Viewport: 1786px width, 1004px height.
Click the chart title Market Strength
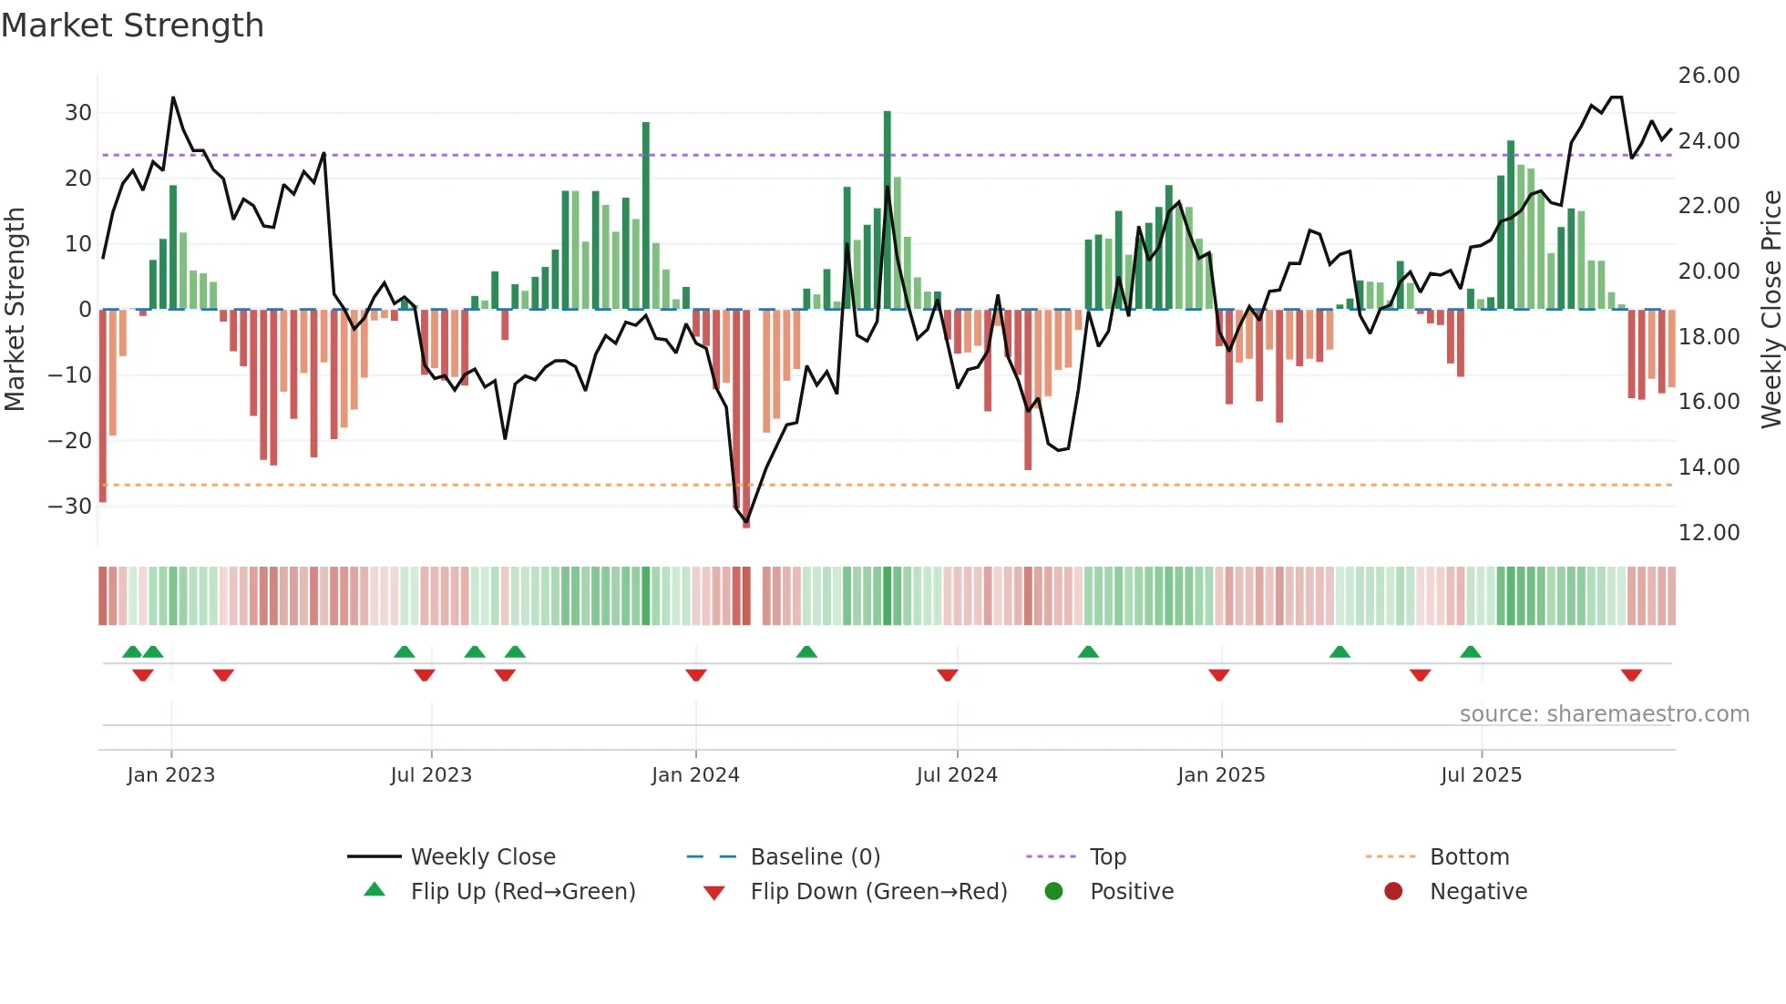[132, 26]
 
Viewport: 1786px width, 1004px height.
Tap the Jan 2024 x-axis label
[695, 775]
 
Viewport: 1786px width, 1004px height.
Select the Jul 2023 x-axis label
[431, 775]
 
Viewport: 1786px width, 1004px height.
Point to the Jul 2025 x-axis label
[1481, 775]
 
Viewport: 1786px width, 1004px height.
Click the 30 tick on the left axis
[78, 113]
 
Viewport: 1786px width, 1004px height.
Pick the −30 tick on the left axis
[70, 507]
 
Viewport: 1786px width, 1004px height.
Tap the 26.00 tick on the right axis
[1709, 76]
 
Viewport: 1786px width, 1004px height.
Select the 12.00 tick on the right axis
[1709, 533]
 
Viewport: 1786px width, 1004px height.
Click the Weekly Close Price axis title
[1771, 310]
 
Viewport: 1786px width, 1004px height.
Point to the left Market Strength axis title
[15, 310]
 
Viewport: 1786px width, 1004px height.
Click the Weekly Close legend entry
[482, 857]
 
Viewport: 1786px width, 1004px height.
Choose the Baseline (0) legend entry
[815, 857]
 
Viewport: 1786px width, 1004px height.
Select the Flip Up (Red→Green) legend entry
[522, 892]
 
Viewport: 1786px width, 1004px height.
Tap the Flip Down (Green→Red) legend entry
[878, 892]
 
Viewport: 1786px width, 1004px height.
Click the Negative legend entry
[1477, 892]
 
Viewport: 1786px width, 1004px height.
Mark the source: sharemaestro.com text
[1604, 714]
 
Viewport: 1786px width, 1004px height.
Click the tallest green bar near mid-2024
[888, 210]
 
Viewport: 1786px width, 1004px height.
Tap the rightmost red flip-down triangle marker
[1631, 675]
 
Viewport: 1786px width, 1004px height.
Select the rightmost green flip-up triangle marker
[1470, 651]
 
